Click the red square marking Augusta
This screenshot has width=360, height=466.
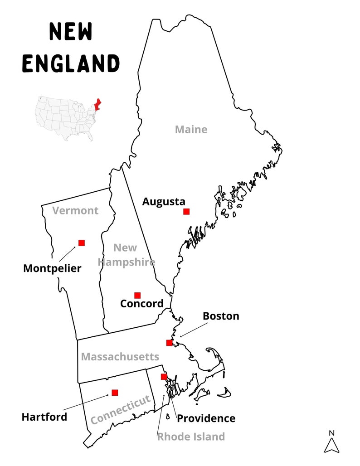click(186, 212)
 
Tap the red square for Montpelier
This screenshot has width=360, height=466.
click(82, 243)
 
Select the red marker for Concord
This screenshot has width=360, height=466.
click(137, 296)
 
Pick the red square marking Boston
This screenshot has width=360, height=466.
click(169, 343)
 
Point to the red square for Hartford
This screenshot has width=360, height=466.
click(115, 393)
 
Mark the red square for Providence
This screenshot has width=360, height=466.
click(164, 377)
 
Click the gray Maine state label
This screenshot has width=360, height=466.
click(191, 130)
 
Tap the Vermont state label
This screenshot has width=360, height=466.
click(75, 211)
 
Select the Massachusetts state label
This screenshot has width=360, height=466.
click(120, 357)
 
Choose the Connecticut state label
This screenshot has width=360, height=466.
click(120, 410)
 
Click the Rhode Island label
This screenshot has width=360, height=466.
click(191, 437)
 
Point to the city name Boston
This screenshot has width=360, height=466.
click(221, 316)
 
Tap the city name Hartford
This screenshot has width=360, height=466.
click(44, 417)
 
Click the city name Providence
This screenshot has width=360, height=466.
click(206, 418)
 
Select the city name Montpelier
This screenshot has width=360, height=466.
click(52, 268)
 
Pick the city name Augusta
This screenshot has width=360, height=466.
click(164, 202)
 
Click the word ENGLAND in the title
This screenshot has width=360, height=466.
click(71, 63)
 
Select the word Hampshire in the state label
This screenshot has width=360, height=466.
click(126, 262)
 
